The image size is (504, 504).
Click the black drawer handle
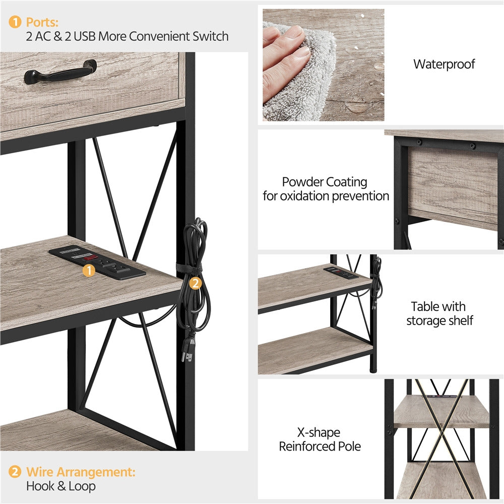[60, 73]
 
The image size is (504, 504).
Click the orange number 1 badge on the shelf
[89, 271]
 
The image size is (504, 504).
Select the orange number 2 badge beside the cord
[195, 283]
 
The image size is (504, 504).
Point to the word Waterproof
[444, 65]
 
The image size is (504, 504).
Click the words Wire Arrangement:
[81, 472]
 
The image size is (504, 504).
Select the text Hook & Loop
[60, 486]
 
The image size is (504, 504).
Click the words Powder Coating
[325, 182]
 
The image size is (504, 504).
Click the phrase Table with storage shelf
[439, 313]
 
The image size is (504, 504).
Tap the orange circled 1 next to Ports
[16, 22]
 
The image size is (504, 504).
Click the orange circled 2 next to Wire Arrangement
[16, 472]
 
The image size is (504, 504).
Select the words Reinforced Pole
[320, 446]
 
